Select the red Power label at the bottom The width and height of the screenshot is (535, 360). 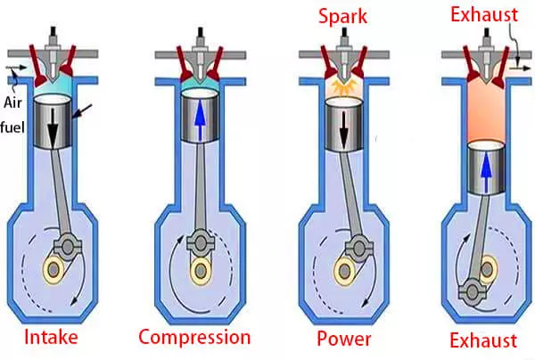coord(343,340)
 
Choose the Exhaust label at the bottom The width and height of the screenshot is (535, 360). coord(481,340)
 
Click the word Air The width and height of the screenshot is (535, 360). coord(21,79)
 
